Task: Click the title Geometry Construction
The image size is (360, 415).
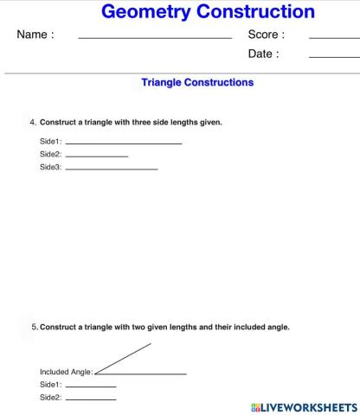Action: tap(208, 12)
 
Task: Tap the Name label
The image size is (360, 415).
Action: tap(35, 35)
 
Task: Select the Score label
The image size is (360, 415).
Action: tap(266, 35)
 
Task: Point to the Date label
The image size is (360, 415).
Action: tap(264, 54)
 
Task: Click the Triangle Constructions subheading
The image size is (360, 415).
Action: tap(197, 83)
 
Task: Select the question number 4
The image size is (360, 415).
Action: tap(33, 122)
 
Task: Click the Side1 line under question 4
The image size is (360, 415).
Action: tap(123, 143)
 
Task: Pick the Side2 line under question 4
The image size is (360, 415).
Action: tap(96, 156)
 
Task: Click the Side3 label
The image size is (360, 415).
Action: tap(50, 167)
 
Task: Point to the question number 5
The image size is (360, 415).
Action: tap(34, 328)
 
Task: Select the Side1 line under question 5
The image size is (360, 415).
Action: tap(90, 386)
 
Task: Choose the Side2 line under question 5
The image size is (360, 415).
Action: tap(90, 399)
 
